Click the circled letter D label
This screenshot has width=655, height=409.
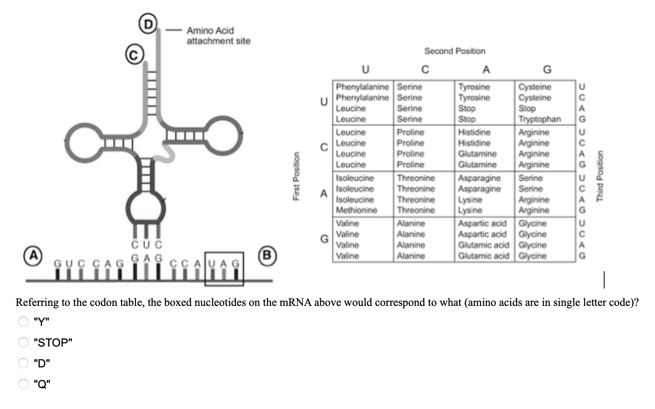[x=148, y=23]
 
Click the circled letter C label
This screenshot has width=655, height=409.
[x=134, y=54]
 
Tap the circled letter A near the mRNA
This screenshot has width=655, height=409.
[x=33, y=256]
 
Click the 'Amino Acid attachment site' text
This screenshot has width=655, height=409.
[x=219, y=36]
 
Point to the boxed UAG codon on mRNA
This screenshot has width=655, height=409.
[x=224, y=269]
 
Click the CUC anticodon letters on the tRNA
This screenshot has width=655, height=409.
[x=147, y=244]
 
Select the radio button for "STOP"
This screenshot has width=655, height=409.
[x=23, y=342]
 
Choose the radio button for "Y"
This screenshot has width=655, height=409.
[x=23, y=321]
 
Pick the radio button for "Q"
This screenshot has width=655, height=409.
[x=23, y=383]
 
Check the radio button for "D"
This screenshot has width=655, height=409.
[x=23, y=363]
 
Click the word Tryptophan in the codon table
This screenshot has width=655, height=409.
[x=540, y=119]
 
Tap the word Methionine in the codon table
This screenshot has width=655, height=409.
[x=357, y=210]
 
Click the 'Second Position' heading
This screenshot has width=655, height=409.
[x=455, y=51]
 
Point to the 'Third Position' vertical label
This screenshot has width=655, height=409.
[x=600, y=176]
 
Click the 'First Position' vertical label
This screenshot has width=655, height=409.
[x=296, y=176]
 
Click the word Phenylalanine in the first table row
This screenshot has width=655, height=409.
[x=362, y=87]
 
